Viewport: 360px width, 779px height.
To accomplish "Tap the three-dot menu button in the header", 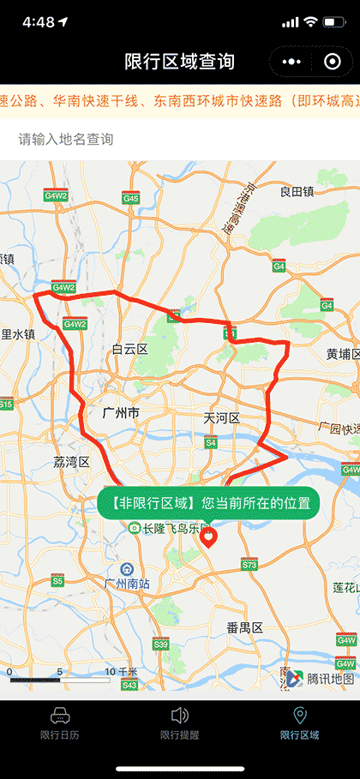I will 292,62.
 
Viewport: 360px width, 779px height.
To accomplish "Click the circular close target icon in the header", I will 332,62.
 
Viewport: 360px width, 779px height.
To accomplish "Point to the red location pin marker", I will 208,538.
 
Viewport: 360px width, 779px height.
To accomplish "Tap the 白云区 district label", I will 130,350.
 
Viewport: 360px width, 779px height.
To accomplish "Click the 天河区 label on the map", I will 221,418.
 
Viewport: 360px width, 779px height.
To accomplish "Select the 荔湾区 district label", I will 71,462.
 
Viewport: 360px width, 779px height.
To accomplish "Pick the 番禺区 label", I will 244,628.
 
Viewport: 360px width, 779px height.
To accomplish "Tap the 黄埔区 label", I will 343,354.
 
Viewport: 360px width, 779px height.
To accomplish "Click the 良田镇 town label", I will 297,191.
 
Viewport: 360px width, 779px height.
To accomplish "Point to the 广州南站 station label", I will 126,584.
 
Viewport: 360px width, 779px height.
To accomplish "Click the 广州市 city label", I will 120,413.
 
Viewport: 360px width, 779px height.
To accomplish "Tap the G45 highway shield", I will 130,198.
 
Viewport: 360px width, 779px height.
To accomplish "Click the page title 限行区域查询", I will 179,62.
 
